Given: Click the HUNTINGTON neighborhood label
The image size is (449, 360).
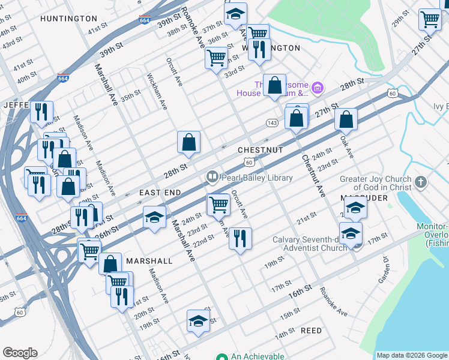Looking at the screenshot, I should pos(68,19).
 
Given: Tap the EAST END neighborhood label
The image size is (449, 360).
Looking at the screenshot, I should pos(160,192).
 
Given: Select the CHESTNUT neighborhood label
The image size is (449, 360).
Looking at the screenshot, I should pos(260,149).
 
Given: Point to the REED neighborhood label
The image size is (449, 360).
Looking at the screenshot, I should pos(311,331).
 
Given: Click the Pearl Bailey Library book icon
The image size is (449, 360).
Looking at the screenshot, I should pos(212,177).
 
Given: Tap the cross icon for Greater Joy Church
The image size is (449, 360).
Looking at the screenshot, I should pos(421,182).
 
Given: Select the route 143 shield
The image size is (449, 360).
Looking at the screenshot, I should pos(272,122).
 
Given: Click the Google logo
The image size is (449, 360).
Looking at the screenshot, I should pos(20,353).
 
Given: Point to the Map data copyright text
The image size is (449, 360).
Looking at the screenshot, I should pos(412,355).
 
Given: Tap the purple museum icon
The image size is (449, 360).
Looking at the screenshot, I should pos(318,89).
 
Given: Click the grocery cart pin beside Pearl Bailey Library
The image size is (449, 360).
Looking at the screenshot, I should pos(218,204).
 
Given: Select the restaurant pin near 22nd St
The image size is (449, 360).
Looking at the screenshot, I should pos(240,238).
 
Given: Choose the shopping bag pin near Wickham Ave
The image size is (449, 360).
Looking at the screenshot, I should pos(188,142).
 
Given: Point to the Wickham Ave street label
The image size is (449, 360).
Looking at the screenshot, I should pos(157,92).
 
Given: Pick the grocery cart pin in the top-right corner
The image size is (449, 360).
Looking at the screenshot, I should pos(430,20).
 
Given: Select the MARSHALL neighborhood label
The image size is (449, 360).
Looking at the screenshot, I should pos(149,261).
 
